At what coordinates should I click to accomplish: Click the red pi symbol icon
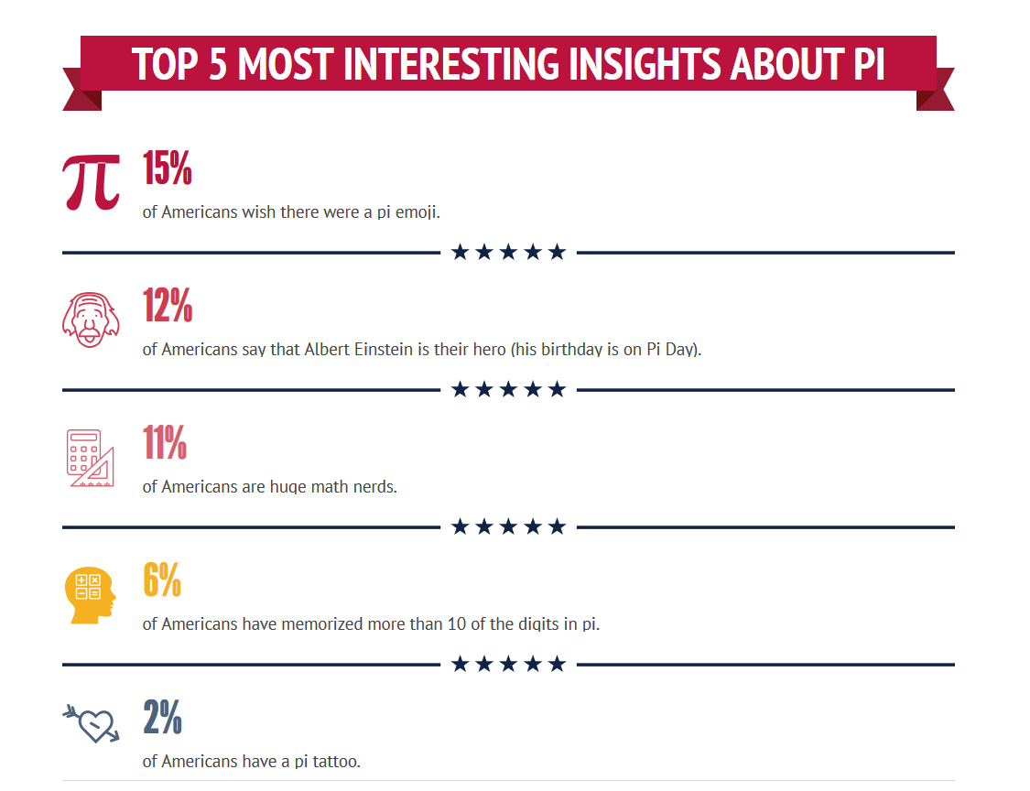(x=92, y=180)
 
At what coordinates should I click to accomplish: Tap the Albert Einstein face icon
(x=91, y=319)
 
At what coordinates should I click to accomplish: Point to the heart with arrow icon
(x=91, y=723)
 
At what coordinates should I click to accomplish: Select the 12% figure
(x=168, y=306)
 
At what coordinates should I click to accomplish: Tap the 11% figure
(x=165, y=443)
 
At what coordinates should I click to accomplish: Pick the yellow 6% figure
(x=162, y=580)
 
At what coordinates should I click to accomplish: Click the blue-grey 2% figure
(x=163, y=718)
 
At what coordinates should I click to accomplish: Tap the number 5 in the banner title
(x=217, y=65)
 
